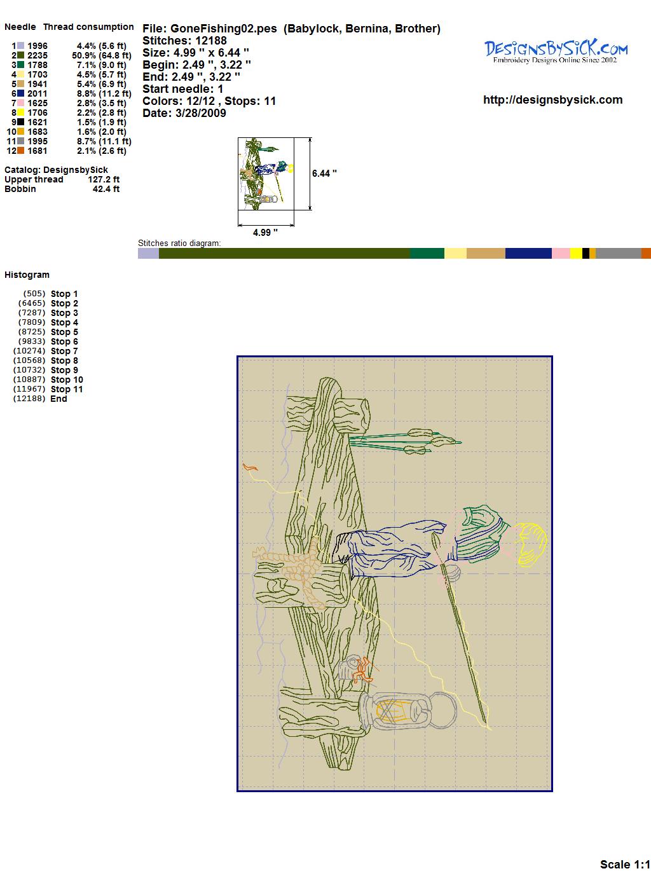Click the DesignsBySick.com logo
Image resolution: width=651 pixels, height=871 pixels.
[556, 51]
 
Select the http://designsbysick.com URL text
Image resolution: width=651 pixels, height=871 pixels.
[552, 100]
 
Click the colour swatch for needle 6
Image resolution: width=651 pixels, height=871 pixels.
[20, 93]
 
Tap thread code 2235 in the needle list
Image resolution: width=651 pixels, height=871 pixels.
[38, 55]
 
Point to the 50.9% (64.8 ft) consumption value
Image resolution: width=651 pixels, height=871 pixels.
[102, 55]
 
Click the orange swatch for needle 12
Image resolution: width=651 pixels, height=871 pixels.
[20, 151]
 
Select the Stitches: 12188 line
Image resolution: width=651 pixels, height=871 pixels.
[184, 41]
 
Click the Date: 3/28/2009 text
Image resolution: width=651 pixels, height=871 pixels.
[184, 113]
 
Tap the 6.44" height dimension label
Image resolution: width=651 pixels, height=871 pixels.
[324, 174]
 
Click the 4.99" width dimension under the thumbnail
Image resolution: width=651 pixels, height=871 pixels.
[265, 232]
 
